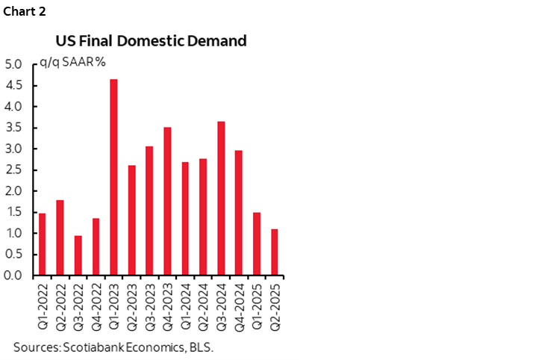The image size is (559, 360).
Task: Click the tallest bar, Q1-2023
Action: [113, 177]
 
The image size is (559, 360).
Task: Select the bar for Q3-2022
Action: [78, 255]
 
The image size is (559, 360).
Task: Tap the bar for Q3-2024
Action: [221, 198]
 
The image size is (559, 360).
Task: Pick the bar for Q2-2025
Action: [275, 252]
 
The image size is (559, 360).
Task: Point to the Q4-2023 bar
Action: [167, 201]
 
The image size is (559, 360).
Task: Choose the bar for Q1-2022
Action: [42, 244]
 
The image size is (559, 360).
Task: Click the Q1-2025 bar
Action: [257, 243]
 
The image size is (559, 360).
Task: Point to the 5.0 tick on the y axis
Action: [14, 64]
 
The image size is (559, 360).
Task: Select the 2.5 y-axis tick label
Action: [14, 170]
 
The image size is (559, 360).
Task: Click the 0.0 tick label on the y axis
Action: [14, 275]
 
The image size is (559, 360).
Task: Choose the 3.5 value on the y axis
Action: [14, 128]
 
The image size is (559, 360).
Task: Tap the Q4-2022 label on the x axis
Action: [96, 306]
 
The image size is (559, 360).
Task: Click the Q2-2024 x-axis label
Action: [204, 306]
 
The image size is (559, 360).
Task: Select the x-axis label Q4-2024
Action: [240, 306]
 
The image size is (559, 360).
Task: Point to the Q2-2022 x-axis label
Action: [60, 306]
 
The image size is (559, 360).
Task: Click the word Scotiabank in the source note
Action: [91, 347]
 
